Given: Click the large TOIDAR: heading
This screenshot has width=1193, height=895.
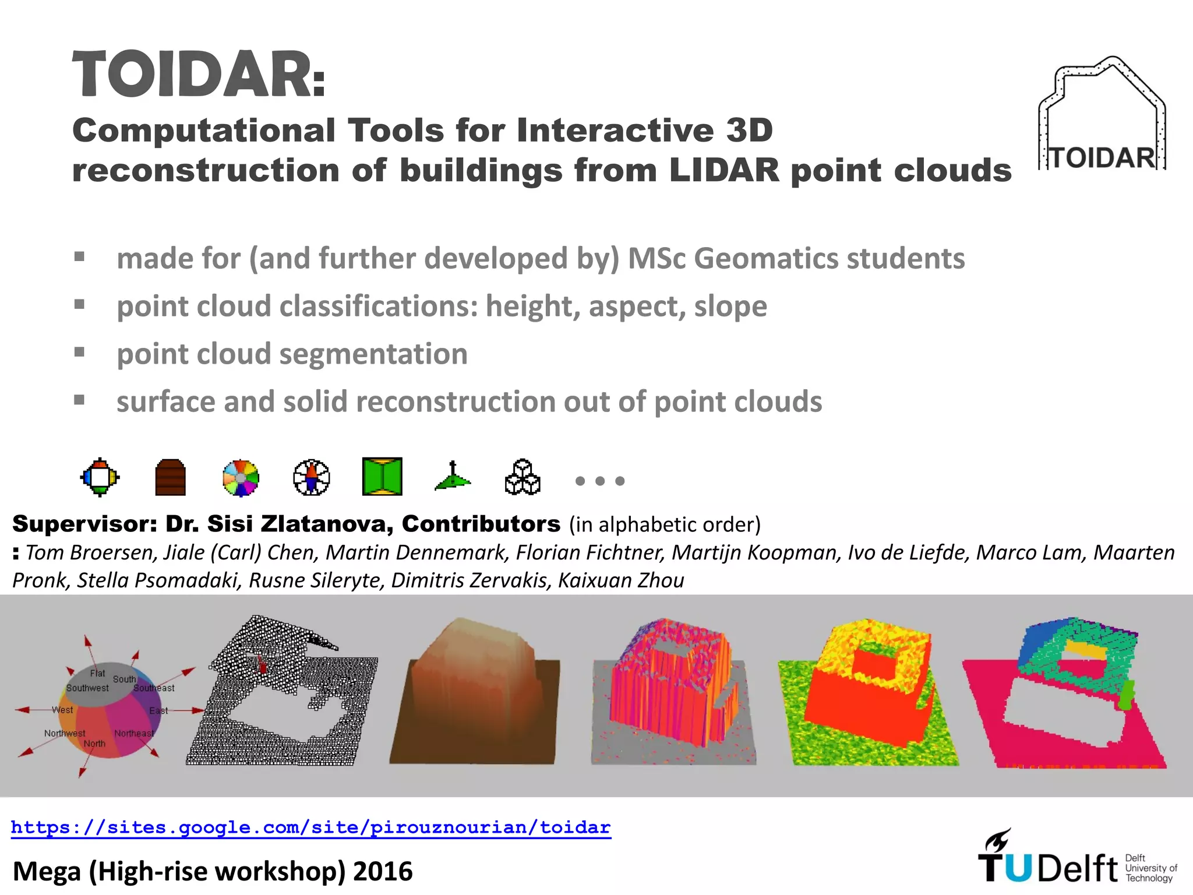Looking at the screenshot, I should tap(198, 75).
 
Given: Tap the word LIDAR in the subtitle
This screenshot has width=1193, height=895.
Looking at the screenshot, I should tap(724, 171).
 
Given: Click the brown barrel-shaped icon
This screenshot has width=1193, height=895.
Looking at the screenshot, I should tap(171, 478).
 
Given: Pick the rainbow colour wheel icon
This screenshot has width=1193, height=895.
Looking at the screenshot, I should tap(241, 478).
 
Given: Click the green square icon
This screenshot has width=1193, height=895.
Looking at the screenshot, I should tap(382, 477).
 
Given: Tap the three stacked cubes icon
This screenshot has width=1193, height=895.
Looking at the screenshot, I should tap(523, 477).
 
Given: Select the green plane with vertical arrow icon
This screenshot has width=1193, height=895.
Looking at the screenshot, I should tap(453, 477).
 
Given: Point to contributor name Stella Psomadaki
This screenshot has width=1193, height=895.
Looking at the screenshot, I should tap(158, 580).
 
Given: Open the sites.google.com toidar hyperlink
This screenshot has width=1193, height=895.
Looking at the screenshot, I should tap(310, 827).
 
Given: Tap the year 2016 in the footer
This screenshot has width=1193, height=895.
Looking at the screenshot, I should tap(383, 872).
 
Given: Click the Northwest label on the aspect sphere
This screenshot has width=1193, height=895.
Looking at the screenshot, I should tap(65, 733).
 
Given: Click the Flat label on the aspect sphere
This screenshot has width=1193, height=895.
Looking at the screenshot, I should tap(97, 673).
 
